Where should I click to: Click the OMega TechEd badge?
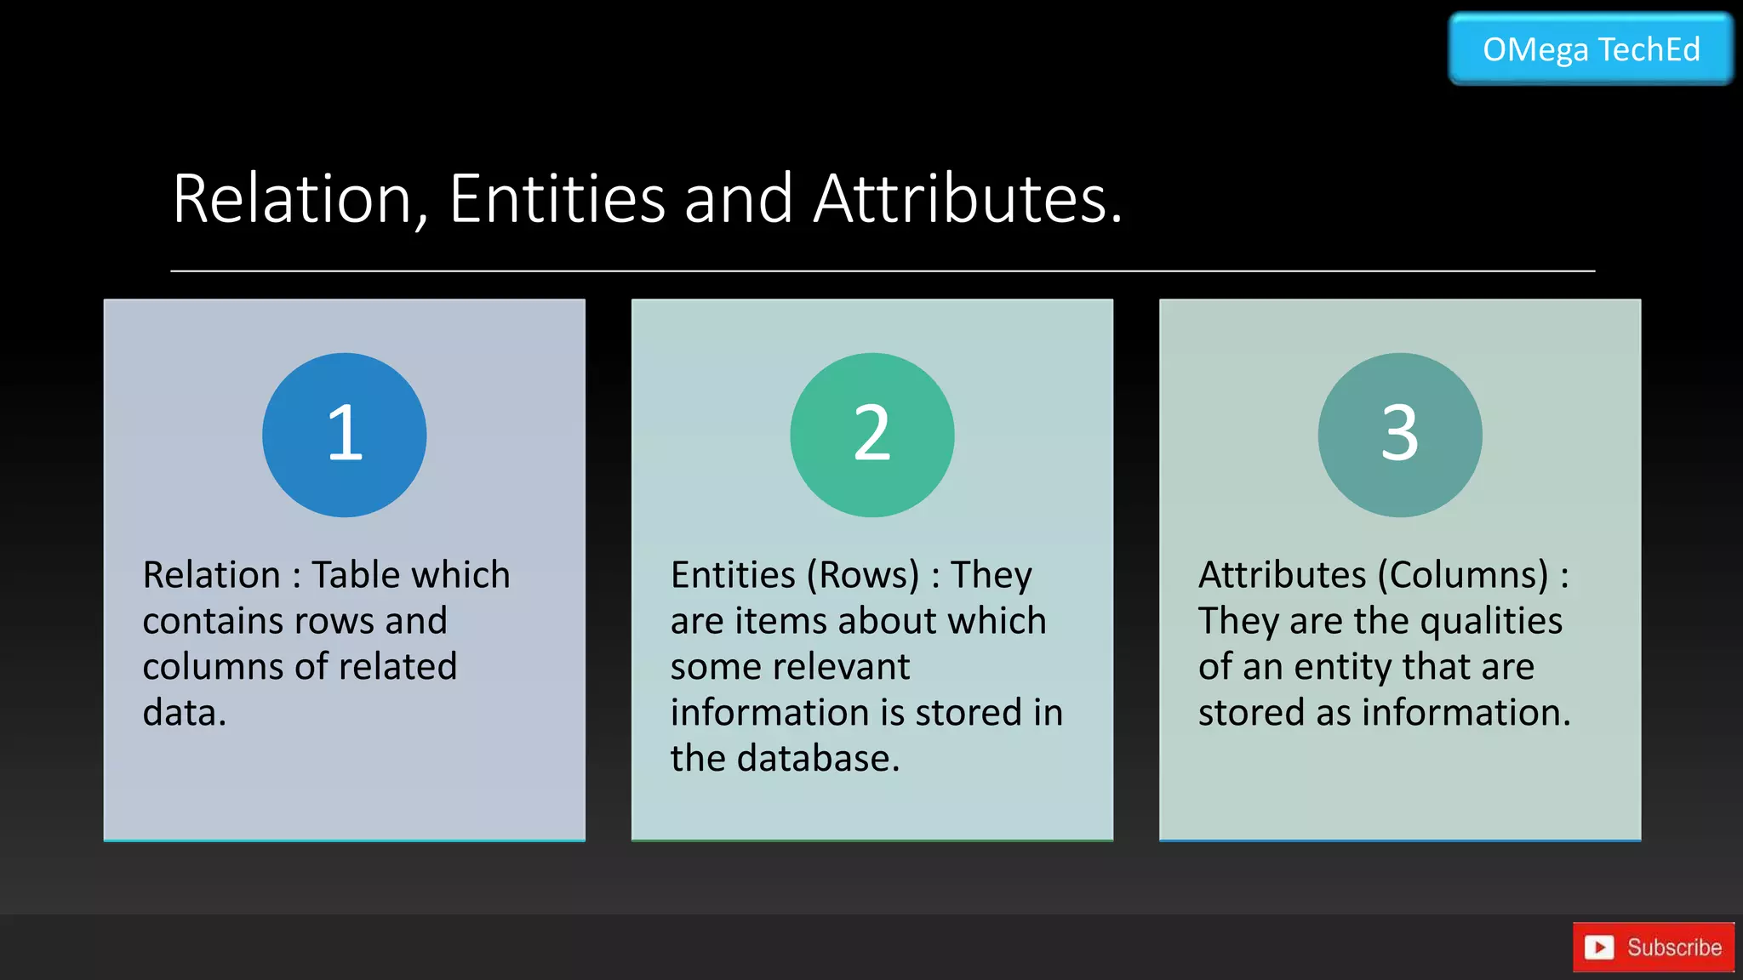point(1591,49)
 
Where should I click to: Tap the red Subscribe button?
point(1653,947)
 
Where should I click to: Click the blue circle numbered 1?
point(345,435)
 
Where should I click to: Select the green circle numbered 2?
point(872,435)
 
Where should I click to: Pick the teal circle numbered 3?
point(1400,435)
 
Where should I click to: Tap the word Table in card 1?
point(351,575)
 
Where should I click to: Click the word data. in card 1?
point(185,713)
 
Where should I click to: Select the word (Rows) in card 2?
point(863,576)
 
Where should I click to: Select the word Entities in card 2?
point(733,575)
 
